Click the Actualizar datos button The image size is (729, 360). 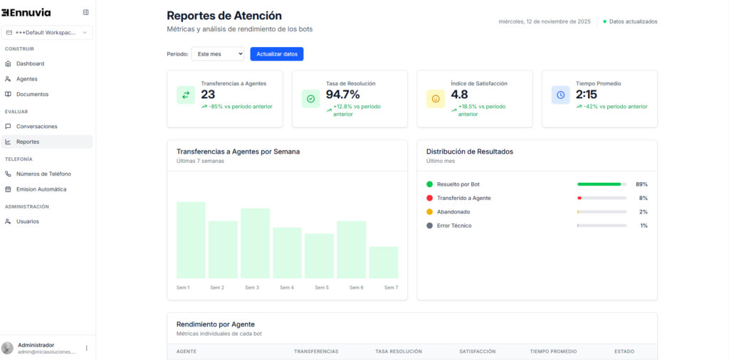pyautogui.click(x=277, y=54)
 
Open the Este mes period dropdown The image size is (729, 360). pyautogui.click(x=218, y=54)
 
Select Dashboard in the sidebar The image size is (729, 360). pyautogui.click(x=30, y=63)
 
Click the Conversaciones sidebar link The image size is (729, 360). pyautogui.click(x=36, y=126)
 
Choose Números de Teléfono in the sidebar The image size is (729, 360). pyautogui.click(x=43, y=174)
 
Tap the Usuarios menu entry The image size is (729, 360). pyautogui.click(x=28, y=221)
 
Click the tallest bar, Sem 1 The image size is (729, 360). pyautogui.click(x=191, y=240)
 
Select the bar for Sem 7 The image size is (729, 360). pyautogui.click(x=384, y=263)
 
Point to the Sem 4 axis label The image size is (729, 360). pyautogui.click(x=287, y=287)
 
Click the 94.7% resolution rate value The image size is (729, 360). pyautogui.click(x=343, y=95)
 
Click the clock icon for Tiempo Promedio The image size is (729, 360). pyautogui.click(x=560, y=95)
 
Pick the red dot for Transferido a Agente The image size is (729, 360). pyautogui.click(x=429, y=198)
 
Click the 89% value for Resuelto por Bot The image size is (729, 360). pyautogui.click(x=641, y=184)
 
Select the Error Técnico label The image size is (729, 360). pyautogui.click(x=454, y=226)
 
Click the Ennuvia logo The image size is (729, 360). pyautogui.click(x=26, y=12)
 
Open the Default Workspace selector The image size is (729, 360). pyautogui.click(x=47, y=33)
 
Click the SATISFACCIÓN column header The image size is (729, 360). pyautogui.click(x=477, y=351)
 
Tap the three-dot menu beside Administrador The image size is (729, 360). pyautogui.click(x=87, y=348)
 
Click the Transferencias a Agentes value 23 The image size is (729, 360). pyautogui.click(x=208, y=95)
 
